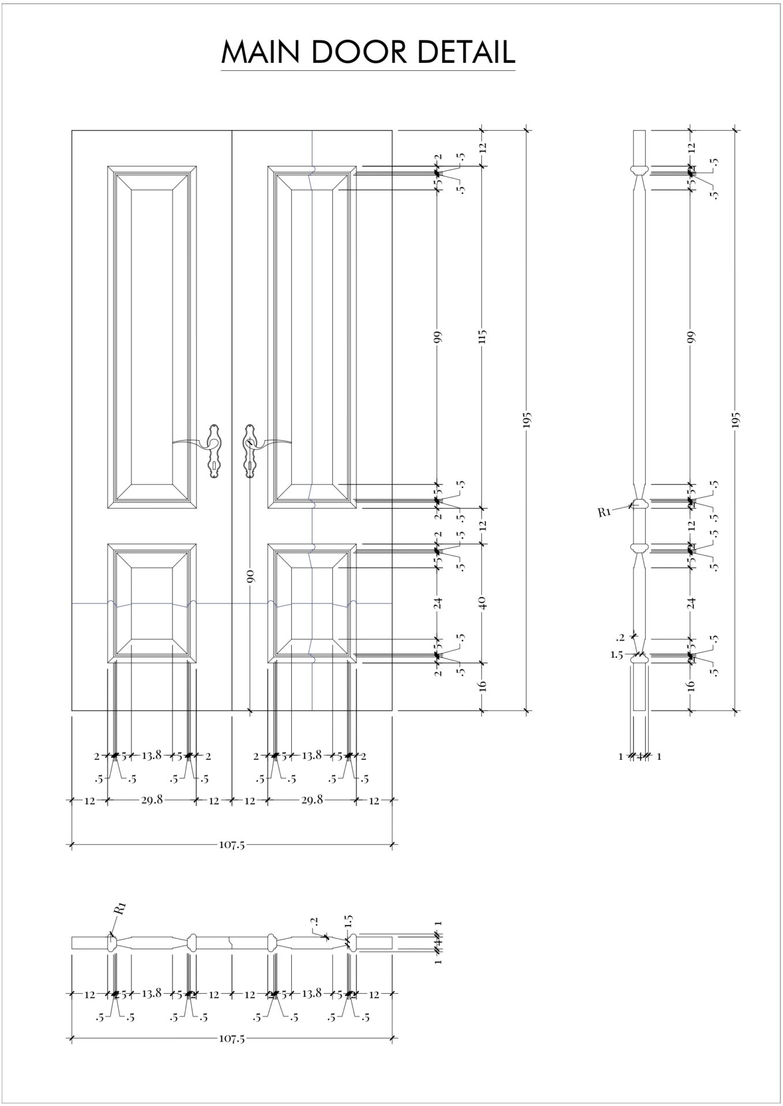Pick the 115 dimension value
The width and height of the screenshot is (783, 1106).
pyautogui.click(x=483, y=336)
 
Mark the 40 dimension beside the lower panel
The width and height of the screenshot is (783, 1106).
pyautogui.click(x=483, y=603)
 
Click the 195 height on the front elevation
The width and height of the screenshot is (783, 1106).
pyautogui.click(x=526, y=420)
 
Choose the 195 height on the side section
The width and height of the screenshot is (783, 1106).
pyautogui.click(x=735, y=420)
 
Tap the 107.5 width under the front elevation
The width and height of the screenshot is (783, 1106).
pyautogui.click(x=232, y=845)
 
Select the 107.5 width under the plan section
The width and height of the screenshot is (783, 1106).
pyautogui.click(x=232, y=1039)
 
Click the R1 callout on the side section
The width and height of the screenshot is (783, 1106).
pyautogui.click(x=604, y=512)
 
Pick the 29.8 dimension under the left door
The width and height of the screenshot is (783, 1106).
pyautogui.click(x=152, y=800)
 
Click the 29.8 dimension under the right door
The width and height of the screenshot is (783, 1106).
pyautogui.click(x=312, y=800)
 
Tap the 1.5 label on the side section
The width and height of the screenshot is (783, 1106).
pyautogui.click(x=616, y=655)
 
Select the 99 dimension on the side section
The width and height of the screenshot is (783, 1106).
pyautogui.click(x=691, y=336)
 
